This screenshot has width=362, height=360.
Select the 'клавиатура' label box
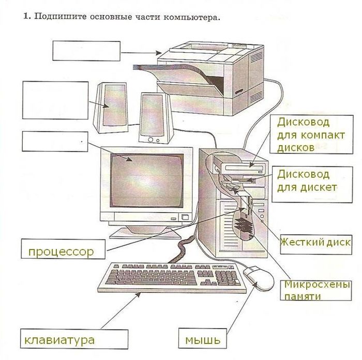pyautogui.click(x=74, y=339)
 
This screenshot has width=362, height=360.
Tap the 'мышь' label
pyautogui.click(x=203, y=338)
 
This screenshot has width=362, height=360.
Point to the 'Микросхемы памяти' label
pyautogui.click(x=316, y=290)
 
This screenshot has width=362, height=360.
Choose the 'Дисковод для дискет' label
pyautogui.click(x=312, y=184)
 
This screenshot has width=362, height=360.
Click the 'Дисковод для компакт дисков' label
pyautogui.click(x=311, y=134)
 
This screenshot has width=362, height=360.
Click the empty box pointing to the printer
pyautogui.click(x=86, y=51)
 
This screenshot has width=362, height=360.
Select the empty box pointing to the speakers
pyautogui.click(x=55, y=100)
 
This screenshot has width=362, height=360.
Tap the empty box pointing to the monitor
pyautogui.click(x=55, y=142)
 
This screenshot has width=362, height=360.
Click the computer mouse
pyautogui.click(x=259, y=278)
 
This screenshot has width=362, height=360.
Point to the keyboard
pyautogui.click(x=172, y=277)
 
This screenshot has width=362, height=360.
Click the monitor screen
pyautogui.click(x=147, y=180)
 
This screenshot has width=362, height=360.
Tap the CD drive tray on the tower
pyautogui.click(x=244, y=168)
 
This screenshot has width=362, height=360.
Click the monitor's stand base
pyautogui.click(x=146, y=232)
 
